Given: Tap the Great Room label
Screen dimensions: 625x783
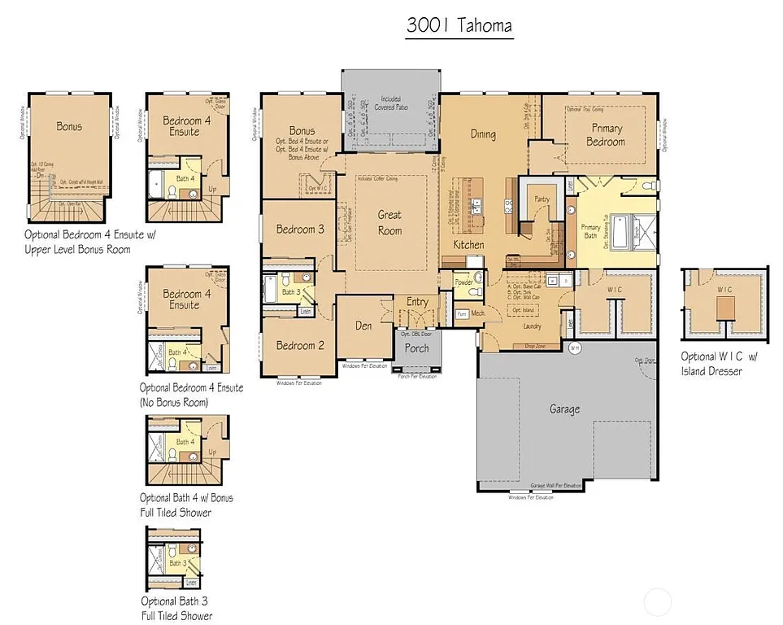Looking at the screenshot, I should (x=389, y=223).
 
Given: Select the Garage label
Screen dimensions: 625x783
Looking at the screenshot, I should (x=564, y=409).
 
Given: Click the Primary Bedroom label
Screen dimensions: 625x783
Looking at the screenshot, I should (x=607, y=135).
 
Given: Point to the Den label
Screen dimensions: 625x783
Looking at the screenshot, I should (x=363, y=326).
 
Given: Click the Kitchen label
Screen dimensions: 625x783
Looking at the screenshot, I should (x=468, y=245).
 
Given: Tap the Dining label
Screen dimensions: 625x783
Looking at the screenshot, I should (x=483, y=135).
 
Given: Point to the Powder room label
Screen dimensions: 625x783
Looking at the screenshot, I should (x=463, y=282).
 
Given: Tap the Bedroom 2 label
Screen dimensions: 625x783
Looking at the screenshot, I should (x=300, y=345).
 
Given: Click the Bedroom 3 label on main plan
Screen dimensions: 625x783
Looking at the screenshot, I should (x=300, y=229).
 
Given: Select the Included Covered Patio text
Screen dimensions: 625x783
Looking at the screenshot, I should (x=390, y=103).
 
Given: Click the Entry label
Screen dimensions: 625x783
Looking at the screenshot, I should (x=417, y=302).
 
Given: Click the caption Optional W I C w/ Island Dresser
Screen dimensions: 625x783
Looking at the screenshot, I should (x=718, y=364).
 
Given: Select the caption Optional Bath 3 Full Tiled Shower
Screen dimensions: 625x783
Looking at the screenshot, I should (x=176, y=609).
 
